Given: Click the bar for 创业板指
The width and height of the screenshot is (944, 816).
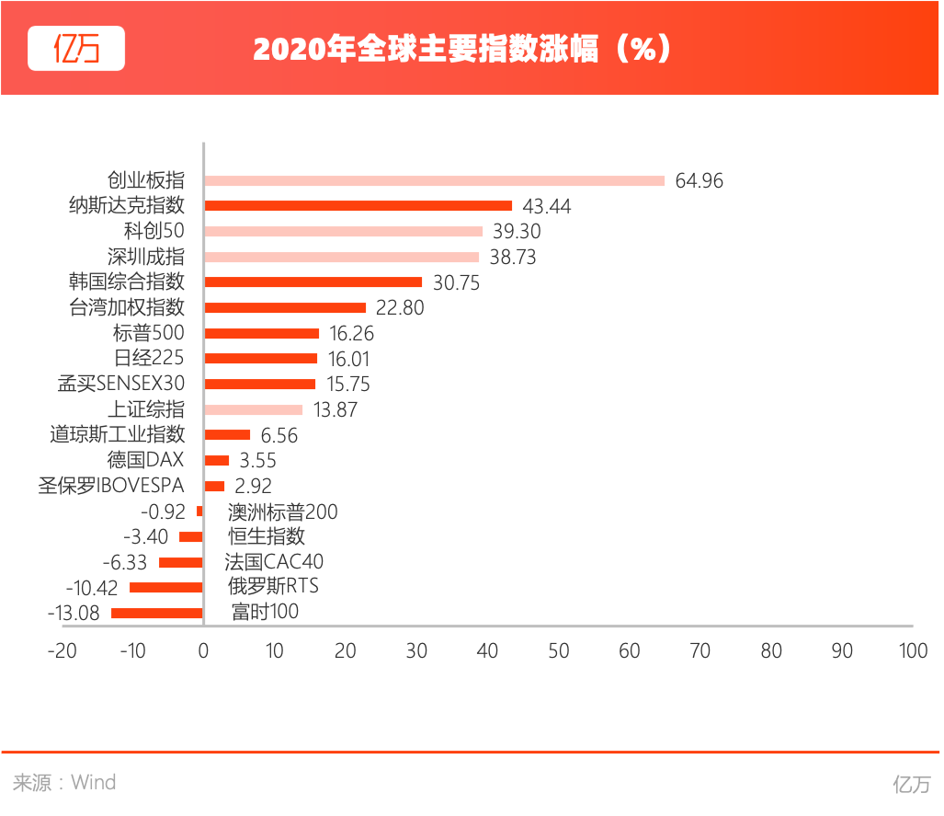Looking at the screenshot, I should point(434,181).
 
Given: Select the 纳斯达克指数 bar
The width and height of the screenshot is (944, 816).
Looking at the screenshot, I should point(358,206).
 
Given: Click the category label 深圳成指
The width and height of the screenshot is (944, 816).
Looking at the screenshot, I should point(146,257).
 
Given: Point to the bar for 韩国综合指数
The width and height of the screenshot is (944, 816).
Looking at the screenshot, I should point(313,282).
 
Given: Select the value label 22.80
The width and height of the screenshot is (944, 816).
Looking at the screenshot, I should point(401,308).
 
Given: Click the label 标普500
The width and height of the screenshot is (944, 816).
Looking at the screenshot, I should point(148,333).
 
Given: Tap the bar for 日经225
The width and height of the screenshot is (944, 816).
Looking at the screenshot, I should point(261,359).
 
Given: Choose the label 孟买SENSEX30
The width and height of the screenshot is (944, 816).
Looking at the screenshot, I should point(121,384).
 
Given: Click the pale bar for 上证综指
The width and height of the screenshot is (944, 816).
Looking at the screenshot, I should point(254,409).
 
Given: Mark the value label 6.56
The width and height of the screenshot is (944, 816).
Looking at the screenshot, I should point(279,435).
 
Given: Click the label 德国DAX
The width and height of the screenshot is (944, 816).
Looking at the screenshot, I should point(146,460).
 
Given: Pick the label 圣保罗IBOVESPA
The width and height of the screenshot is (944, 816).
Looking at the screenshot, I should point(111,486).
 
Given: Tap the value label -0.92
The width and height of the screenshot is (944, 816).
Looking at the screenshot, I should point(163,511).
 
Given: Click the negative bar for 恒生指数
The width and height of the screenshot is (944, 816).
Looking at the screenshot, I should point(191,537).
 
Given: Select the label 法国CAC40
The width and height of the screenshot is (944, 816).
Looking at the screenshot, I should point(274,561).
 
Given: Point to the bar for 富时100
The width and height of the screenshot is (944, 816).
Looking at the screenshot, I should point(157,614).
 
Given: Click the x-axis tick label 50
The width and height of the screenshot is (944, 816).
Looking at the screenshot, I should point(559,651).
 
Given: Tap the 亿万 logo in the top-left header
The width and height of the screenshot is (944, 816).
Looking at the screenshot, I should point(76,48).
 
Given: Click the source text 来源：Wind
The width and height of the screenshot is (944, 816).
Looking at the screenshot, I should point(64,783).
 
